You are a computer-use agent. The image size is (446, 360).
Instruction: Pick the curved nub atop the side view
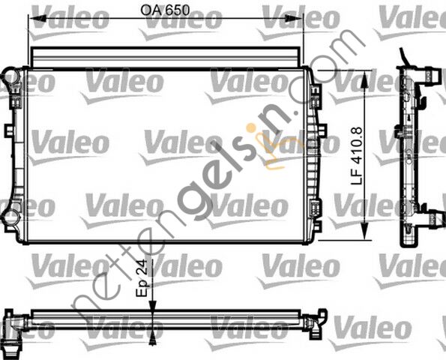406,58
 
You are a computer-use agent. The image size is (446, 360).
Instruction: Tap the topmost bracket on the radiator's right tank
316,95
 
